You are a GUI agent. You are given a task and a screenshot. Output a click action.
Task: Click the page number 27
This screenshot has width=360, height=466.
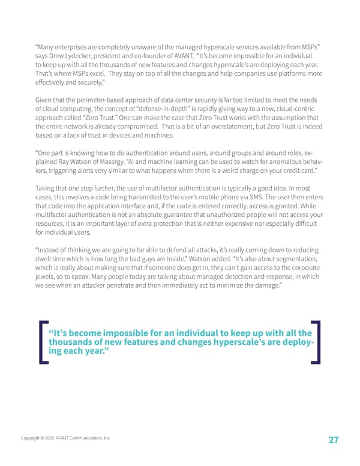coord(334,440)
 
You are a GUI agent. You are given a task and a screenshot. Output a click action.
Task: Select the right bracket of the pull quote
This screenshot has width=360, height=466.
coord(317,342)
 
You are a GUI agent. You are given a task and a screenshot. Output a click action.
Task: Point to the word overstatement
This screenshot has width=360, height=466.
coord(197,127)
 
